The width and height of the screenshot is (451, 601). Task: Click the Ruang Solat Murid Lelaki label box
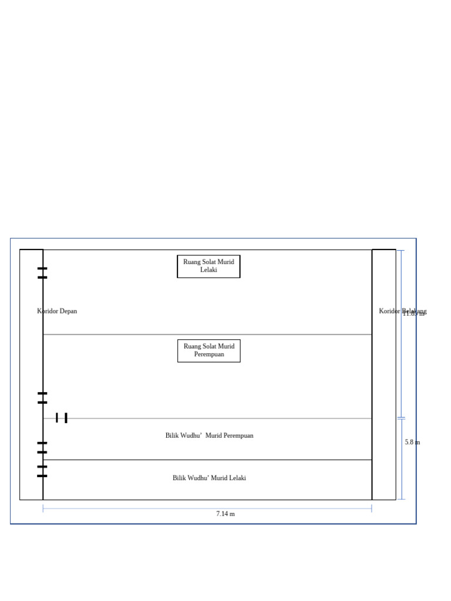pyautogui.click(x=208, y=266)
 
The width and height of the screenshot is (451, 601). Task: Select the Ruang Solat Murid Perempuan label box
pyautogui.click(x=208, y=350)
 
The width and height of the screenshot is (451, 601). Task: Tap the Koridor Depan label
pyautogui.click(x=57, y=311)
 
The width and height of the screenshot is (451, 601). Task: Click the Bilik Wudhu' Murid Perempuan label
pyautogui.click(x=209, y=435)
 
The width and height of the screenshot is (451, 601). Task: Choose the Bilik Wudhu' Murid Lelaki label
pyautogui.click(x=209, y=478)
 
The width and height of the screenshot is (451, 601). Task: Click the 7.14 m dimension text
pyautogui.click(x=225, y=514)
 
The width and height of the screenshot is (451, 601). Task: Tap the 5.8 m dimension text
pyautogui.click(x=412, y=442)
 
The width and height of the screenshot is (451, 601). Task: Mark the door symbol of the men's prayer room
pyautogui.click(x=42, y=272)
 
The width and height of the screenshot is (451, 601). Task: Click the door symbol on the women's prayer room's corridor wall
pyautogui.click(x=42, y=398)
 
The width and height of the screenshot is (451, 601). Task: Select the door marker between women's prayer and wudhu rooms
pyautogui.click(x=61, y=418)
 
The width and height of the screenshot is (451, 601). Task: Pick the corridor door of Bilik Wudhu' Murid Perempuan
pyautogui.click(x=42, y=448)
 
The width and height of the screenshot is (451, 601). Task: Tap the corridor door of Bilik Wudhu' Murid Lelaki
pyautogui.click(x=42, y=471)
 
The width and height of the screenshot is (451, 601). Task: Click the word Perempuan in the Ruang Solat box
pyautogui.click(x=209, y=354)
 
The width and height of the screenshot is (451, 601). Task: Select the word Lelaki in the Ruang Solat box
pyautogui.click(x=208, y=270)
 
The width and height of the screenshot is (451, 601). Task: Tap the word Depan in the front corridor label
pyautogui.click(x=68, y=311)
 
